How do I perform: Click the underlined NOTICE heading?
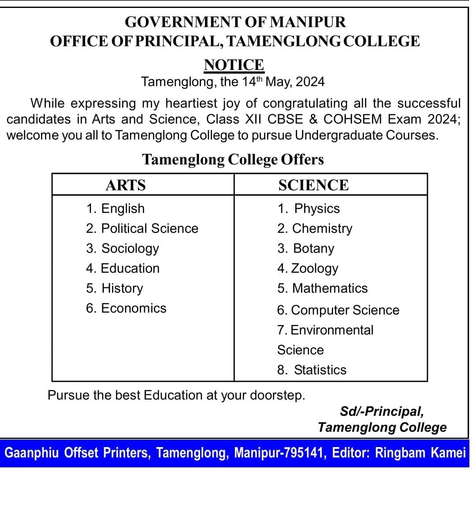[234, 65]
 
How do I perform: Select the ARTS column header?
[126, 185]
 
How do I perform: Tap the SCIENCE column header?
[313, 185]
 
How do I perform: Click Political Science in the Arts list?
[142, 228]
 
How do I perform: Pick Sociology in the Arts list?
[123, 248]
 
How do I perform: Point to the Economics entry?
[126, 308]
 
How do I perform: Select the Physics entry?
[309, 209]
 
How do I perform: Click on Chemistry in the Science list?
[315, 228]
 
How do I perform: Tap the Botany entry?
[306, 248]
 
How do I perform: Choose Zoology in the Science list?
[308, 268]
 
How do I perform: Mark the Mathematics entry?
[323, 288]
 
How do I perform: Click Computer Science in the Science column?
[338, 310]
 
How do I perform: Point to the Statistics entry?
[312, 370]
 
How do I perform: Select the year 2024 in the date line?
[310, 82]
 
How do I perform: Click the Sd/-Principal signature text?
[382, 411]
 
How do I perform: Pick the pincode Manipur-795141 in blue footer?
[280, 453]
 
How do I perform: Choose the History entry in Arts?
[115, 288]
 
